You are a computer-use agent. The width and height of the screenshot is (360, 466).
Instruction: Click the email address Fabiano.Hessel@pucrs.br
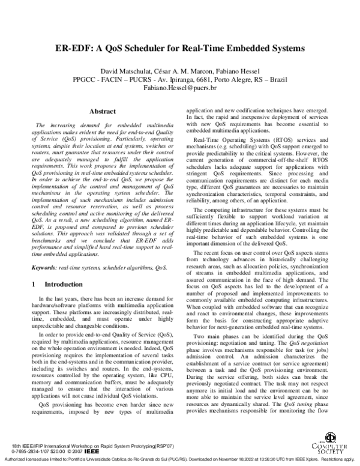tap(180, 88)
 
